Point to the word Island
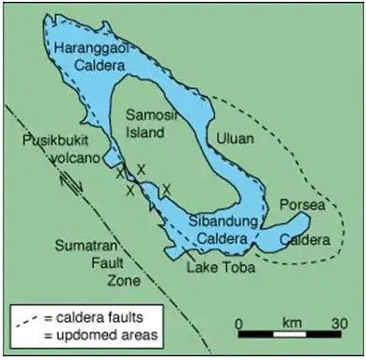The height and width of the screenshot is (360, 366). [146, 132]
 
